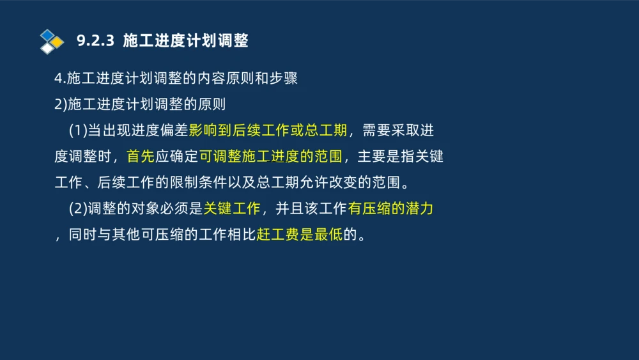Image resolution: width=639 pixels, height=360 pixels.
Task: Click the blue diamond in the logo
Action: [47, 35]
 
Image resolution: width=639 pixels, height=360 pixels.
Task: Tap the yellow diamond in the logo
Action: [58, 42]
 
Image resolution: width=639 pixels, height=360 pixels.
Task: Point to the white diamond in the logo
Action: [47, 48]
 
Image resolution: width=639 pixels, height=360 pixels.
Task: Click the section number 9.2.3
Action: [95, 42]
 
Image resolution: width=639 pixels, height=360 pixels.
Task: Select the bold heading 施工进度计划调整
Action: [185, 42]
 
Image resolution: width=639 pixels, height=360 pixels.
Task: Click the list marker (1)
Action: [77, 131]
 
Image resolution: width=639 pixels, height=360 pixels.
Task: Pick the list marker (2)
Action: [77, 208]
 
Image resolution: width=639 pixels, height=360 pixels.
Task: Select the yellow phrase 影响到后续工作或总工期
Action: [268, 131]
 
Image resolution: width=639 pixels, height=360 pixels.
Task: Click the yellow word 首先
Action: [141, 157]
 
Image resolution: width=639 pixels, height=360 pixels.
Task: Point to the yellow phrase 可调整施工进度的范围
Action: [271, 157]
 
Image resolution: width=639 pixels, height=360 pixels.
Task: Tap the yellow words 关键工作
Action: [232, 208]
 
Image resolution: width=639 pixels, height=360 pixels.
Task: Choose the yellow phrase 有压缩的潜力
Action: [391, 208]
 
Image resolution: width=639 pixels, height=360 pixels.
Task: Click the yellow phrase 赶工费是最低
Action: [300, 234]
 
